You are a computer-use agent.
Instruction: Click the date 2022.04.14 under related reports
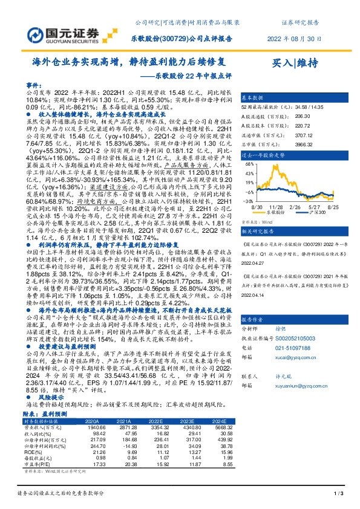pos(254,296)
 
